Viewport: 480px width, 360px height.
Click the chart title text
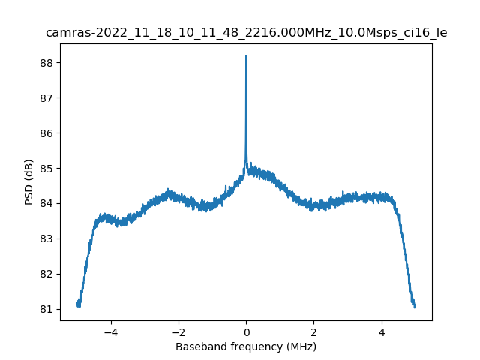[x=246, y=33]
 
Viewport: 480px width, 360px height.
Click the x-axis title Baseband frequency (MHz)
[x=246, y=346]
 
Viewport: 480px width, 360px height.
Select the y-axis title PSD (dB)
[x=28, y=181]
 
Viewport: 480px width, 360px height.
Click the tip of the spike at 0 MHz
[x=246, y=56]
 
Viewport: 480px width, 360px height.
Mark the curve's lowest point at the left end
[x=78, y=306]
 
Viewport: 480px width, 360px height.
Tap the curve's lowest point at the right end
[x=414, y=307]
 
